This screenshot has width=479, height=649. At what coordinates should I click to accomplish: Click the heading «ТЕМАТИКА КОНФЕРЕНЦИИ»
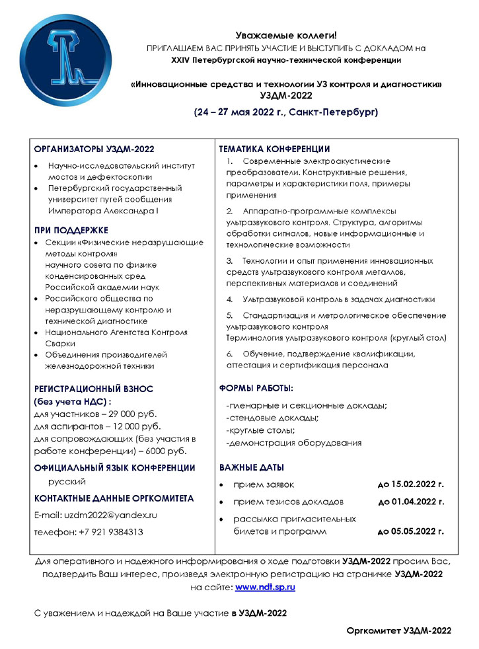(274, 150)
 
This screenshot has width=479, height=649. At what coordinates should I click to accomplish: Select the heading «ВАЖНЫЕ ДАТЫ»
(251, 467)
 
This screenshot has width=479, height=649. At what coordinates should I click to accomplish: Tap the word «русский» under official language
(63, 482)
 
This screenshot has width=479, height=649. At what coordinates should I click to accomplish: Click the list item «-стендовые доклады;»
(272, 418)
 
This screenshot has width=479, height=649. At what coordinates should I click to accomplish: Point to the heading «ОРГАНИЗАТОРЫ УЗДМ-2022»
(94, 150)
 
